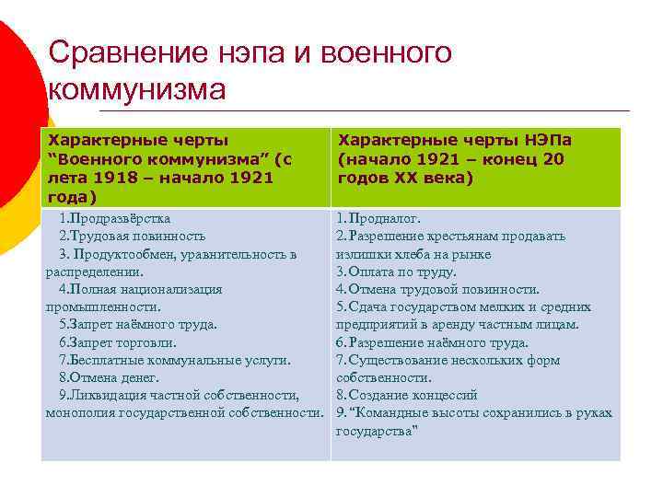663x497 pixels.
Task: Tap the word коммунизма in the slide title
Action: click(136, 91)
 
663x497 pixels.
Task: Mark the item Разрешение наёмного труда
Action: click(437, 342)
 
